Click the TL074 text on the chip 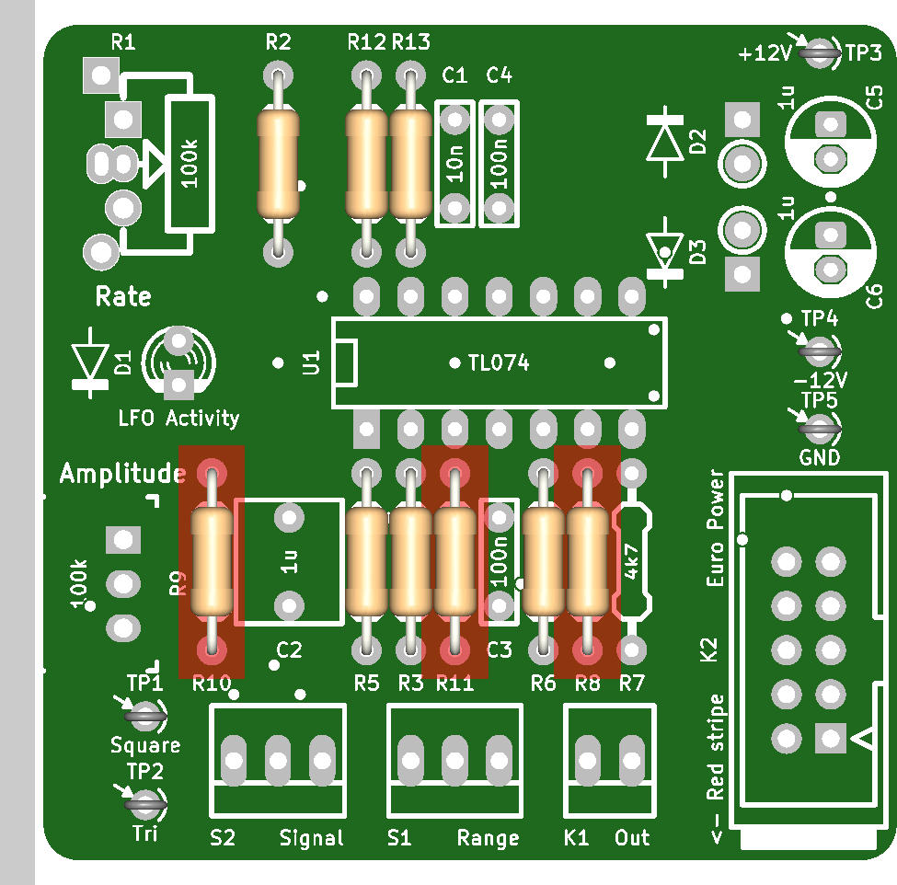[x=499, y=363]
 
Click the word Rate [x=123, y=297]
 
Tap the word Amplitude [x=122, y=474]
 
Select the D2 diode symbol [x=665, y=141]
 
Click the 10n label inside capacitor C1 [x=455, y=163]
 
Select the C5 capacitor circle [x=831, y=142]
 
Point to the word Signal [x=311, y=838]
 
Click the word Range [x=488, y=838]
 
